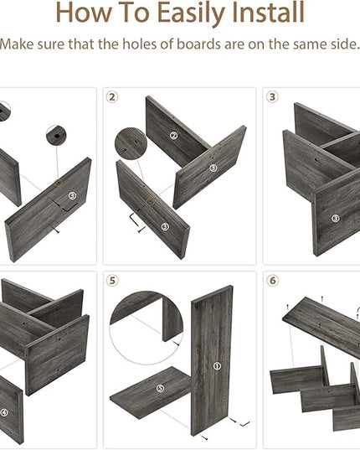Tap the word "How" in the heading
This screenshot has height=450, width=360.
(84, 13)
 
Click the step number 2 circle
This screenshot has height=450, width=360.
(112, 97)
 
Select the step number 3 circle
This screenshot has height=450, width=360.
(272, 97)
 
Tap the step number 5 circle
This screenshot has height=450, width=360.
(112, 281)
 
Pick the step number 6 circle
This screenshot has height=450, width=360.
(272, 281)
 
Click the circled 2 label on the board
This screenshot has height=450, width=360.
(173, 136)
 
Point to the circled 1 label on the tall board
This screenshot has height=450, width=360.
(217, 366)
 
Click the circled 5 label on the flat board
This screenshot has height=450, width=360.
(160, 389)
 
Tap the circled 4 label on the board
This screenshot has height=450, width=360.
(4, 413)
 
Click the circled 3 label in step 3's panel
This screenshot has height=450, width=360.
(336, 219)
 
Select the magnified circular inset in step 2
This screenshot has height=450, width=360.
(131, 144)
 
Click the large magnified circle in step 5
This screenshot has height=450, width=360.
(147, 328)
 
